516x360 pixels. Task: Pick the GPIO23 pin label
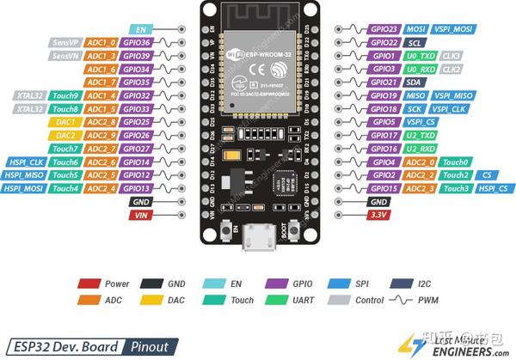[384, 28]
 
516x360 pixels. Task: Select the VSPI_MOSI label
[456, 28]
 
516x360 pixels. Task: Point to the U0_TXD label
[422, 55]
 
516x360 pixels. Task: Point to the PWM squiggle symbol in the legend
[401, 301]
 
